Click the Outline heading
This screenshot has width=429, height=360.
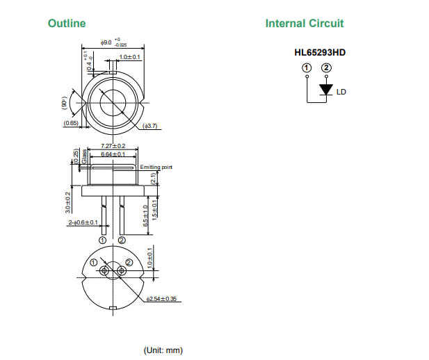(67, 24)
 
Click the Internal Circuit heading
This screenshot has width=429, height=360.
(304, 24)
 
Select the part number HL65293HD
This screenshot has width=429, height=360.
(321, 51)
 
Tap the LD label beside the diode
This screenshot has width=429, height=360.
(341, 92)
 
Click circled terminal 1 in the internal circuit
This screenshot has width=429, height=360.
(307, 68)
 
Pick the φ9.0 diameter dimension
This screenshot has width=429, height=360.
(106, 42)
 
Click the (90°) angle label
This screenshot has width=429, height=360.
(64, 104)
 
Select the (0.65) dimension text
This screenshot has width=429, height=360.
(70, 123)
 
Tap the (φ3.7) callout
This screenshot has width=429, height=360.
(151, 126)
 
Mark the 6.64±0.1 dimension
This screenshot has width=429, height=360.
(113, 154)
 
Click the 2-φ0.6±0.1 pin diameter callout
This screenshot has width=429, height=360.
(83, 223)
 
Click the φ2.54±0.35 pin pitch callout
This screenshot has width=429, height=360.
(161, 300)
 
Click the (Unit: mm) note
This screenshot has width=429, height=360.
(163, 350)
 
